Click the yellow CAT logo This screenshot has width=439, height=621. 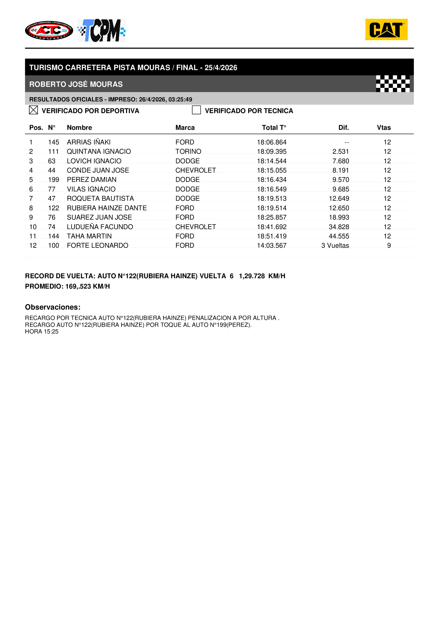tap(386, 29)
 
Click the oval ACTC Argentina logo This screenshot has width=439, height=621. tap(49, 31)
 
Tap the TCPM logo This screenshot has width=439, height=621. tap(101, 30)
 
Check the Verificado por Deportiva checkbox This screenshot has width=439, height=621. tap(33, 110)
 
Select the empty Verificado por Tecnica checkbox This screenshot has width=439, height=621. tap(196, 110)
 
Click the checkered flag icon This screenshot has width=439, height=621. tap(393, 84)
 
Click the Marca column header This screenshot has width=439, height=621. tap(185, 128)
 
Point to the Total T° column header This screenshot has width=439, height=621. tap(274, 128)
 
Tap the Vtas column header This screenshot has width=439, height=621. tap(384, 128)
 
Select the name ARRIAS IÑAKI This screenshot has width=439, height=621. tap(89, 142)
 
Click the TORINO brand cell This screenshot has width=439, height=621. tap(188, 151)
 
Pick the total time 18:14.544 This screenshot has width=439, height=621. tap(272, 161)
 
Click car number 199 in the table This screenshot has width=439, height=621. tap(54, 179)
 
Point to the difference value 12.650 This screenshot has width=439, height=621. tap(339, 208)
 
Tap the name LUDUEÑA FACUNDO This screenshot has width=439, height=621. tap(100, 227)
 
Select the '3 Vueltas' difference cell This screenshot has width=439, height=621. tap(335, 246)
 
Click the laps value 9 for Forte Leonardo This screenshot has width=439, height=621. tap(389, 246)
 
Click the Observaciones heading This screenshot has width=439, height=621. tap(53, 307)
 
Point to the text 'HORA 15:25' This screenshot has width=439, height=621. tap(42, 332)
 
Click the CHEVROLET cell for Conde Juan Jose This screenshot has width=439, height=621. tap(195, 170)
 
